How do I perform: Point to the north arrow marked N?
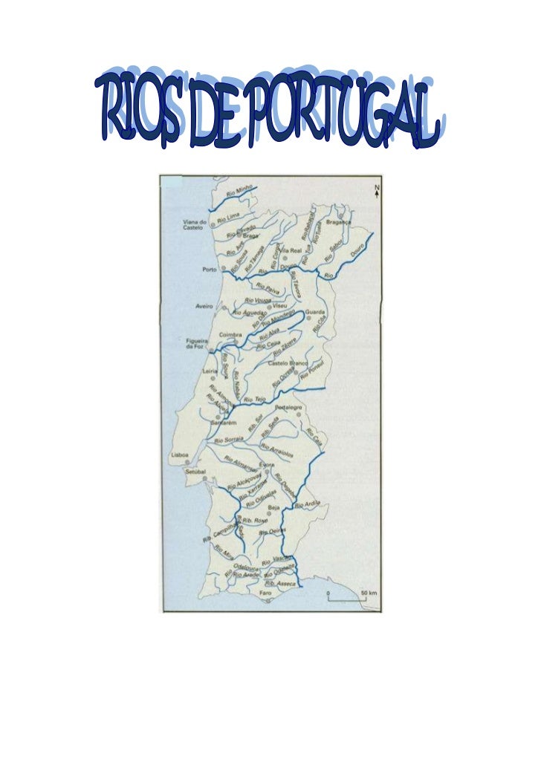pos(377,191)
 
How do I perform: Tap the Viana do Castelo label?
pos(192,225)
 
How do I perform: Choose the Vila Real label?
pos(291,251)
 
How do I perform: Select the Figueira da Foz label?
pos(195,346)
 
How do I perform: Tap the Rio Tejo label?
pos(254,400)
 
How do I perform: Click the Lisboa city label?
pos(179,454)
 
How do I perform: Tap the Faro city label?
pos(266,594)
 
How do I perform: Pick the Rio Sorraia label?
pos(229,440)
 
